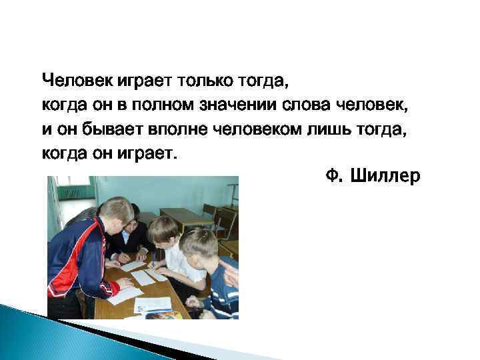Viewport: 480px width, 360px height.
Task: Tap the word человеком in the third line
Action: click(250, 129)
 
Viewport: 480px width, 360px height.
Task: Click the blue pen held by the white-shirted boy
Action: click(155, 257)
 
